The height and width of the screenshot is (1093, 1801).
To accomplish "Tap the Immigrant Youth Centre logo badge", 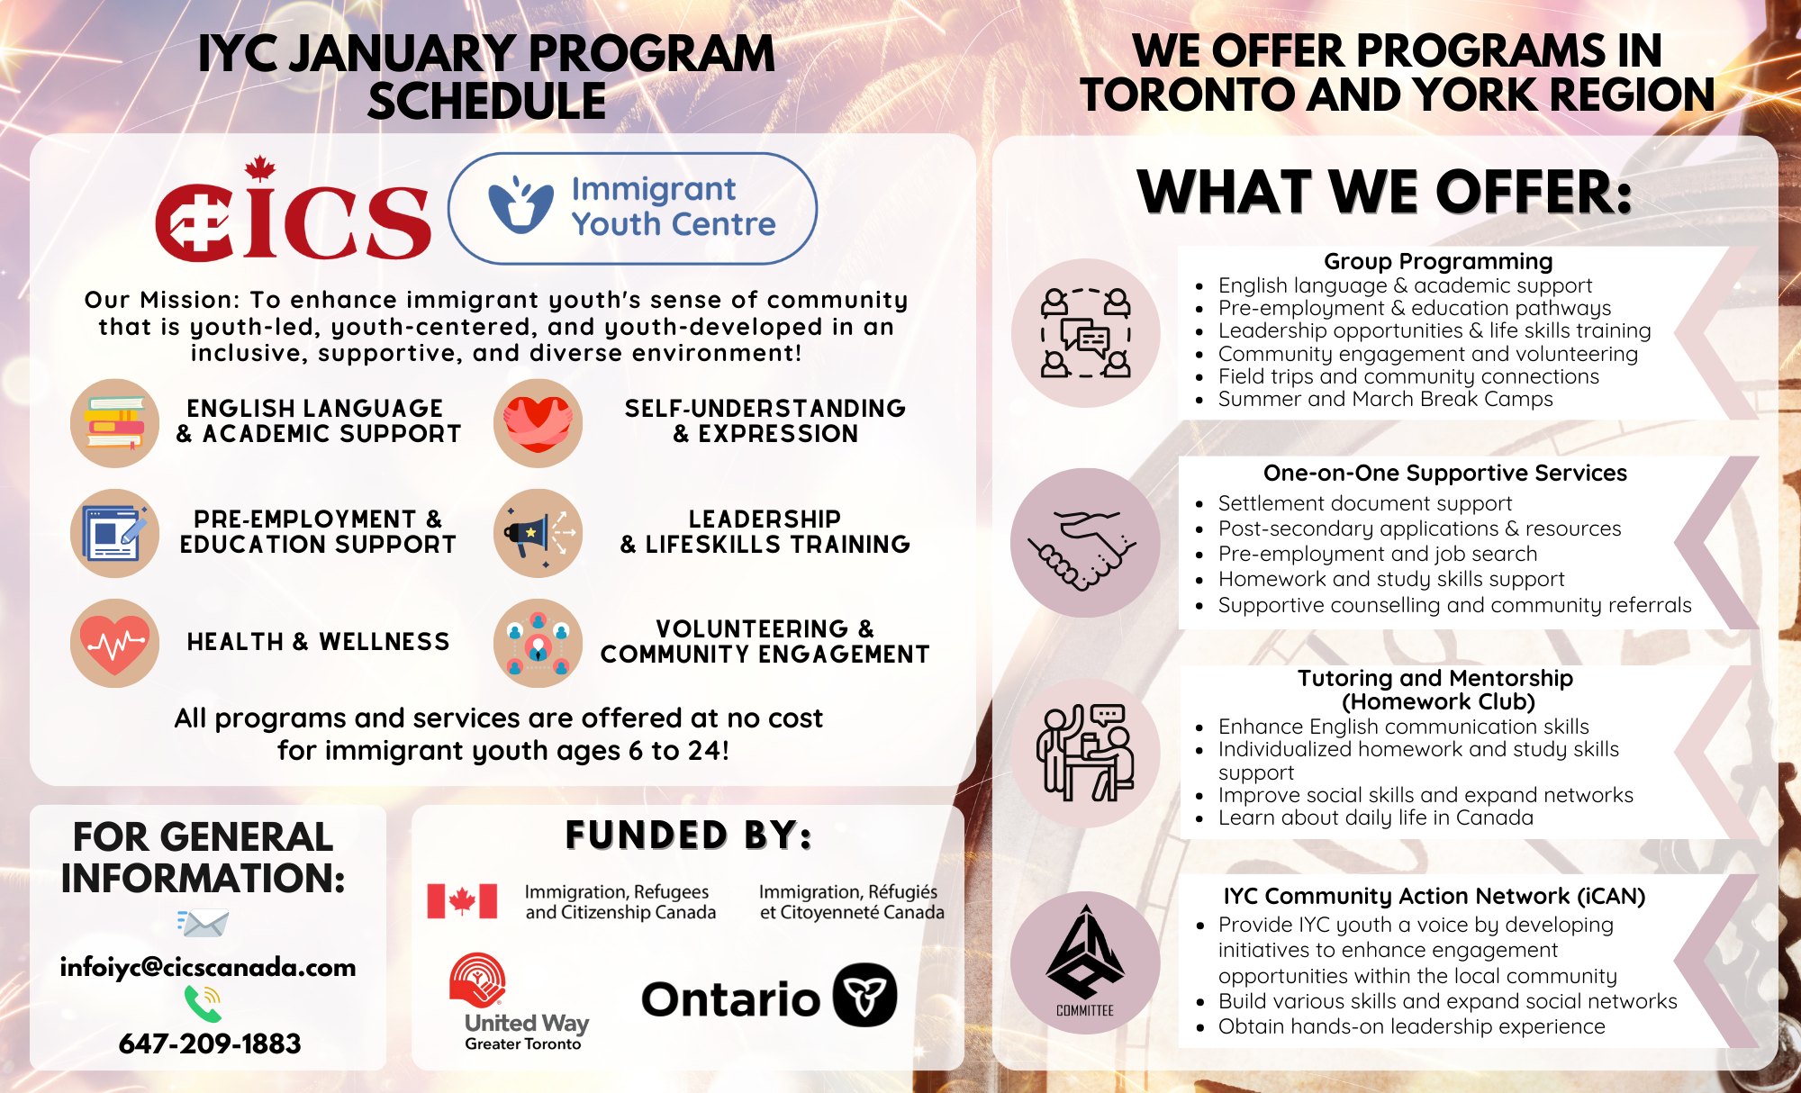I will point(632,208).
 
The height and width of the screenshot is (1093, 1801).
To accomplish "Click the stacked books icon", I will point(114,423).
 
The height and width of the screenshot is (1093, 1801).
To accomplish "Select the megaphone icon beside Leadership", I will point(538,533).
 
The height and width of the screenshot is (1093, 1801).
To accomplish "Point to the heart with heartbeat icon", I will point(114,643).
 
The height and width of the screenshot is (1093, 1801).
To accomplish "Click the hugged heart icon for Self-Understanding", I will point(538,423).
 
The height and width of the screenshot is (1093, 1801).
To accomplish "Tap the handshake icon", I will point(1085,542).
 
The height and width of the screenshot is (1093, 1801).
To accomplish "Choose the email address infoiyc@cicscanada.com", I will point(208,967).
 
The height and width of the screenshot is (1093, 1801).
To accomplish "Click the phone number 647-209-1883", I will point(210,1043).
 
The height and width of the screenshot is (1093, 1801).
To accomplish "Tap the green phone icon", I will point(203,1003).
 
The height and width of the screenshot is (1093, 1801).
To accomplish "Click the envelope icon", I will point(204,923).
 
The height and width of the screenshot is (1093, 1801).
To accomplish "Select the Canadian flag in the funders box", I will point(462,900).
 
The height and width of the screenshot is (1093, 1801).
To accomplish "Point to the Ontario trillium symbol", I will point(864,996).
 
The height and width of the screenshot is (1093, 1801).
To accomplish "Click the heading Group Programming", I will point(1438,261).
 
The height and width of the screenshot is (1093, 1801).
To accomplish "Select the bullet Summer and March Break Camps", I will point(1385,399).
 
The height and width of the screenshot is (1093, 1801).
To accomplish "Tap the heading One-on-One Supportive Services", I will point(1444,473).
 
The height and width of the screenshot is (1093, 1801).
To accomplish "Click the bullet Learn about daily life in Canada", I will point(1375,817).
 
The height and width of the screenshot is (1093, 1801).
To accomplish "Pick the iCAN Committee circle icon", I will point(1085,962).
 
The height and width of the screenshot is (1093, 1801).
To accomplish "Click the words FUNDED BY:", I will point(688,836).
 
